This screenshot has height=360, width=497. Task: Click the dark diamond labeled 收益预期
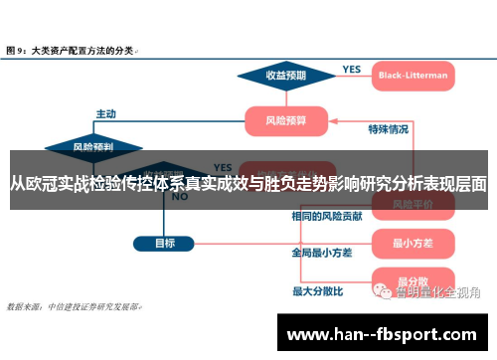pyautogui.click(x=285, y=75)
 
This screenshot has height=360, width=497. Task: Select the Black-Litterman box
pyautogui.click(x=413, y=75)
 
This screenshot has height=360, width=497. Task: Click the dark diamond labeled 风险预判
pyautogui.click(x=92, y=147)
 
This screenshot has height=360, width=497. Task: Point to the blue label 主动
pyautogui.click(x=105, y=112)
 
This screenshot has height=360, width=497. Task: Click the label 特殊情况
pyautogui.click(x=389, y=129)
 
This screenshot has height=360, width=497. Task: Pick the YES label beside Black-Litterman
pyautogui.click(x=352, y=70)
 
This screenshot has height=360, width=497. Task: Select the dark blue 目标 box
pyautogui.click(x=164, y=242)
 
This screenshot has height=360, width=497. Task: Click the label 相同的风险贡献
pyautogui.click(x=326, y=215)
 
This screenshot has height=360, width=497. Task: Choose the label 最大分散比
pyautogui.click(x=317, y=291)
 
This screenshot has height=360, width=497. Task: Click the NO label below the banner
pyautogui.click(x=180, y=197)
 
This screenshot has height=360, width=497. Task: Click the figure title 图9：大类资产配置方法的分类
pyautogui.click(x=72, y=48)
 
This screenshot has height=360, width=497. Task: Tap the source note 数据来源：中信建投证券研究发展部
pyautogui.click(x=74, y=306)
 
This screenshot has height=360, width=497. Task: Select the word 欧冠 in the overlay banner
pyautogui.click(x=49, y=183)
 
